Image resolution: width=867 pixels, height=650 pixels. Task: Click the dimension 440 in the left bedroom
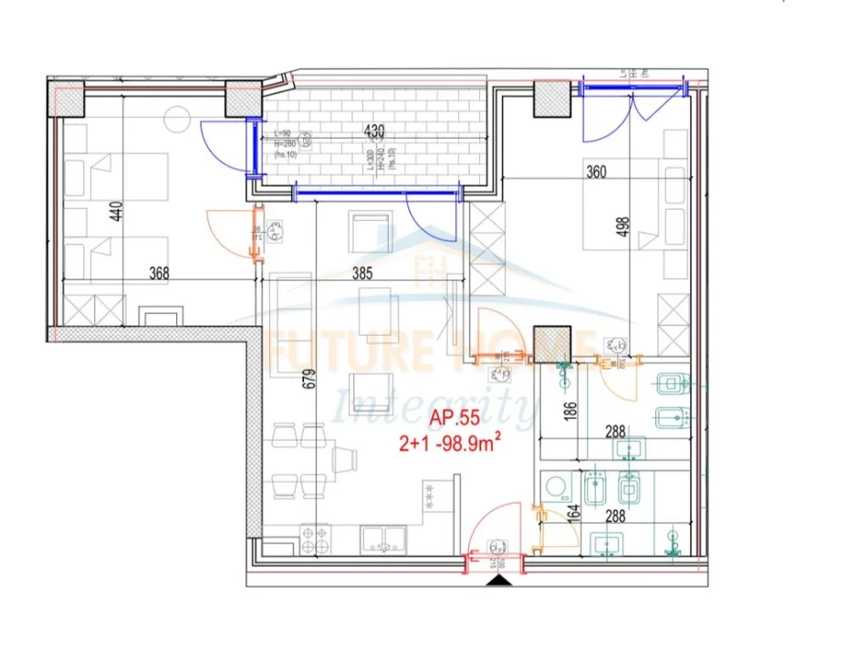coord(115,213)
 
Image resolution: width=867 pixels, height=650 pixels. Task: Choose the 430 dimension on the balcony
coord(374,131)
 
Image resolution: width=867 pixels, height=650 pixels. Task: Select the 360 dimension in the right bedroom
coord(597,170)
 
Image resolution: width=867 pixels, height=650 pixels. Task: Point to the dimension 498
coord(624,225)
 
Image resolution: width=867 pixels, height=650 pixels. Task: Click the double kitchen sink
coord(381,539)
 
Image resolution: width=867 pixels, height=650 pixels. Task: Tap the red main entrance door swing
coord(499,530)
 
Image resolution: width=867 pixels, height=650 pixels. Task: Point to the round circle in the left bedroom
coord(175,117)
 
